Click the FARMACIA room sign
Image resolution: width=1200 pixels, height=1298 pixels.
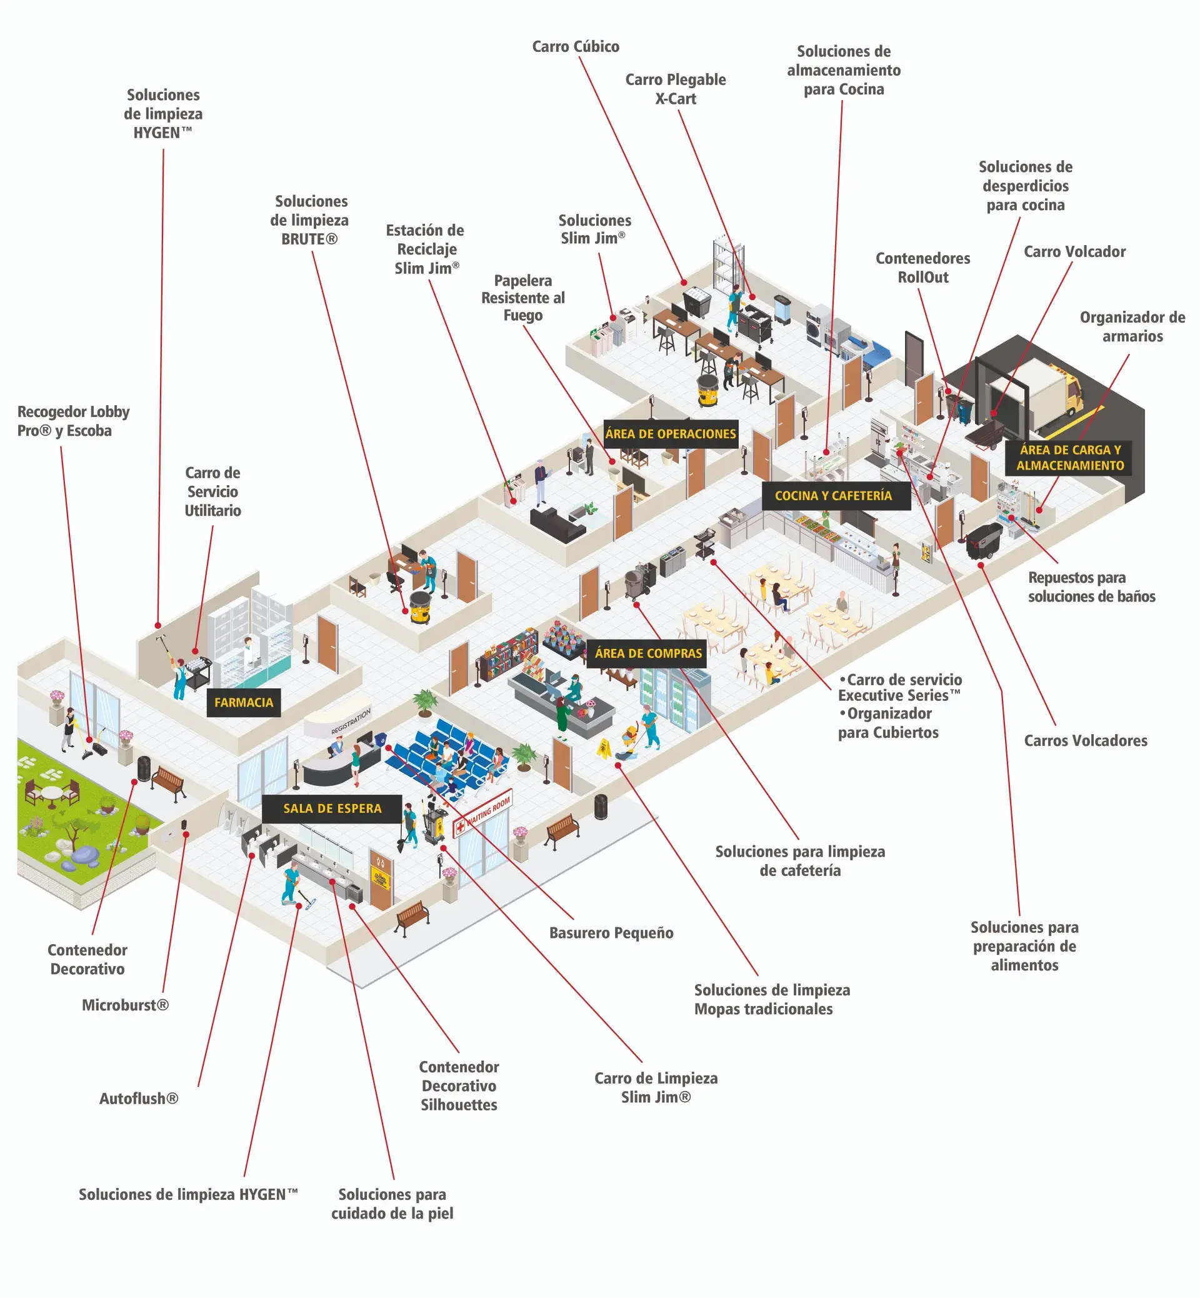[x=244, y=702]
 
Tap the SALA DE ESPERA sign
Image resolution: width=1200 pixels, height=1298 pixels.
[x=332, y=808]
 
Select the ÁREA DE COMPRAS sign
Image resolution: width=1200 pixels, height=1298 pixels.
[x=648, y=653]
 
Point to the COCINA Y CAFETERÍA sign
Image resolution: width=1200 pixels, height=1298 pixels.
[x=833, y=496]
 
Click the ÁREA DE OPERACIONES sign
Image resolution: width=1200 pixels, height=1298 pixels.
[x=670, y=434]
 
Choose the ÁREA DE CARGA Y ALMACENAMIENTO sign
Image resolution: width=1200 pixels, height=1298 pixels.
[x=1070, y=457]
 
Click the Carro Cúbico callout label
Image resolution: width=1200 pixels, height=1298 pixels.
[x=576, y=47]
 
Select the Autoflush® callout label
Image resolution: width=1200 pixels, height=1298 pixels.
[x=138, y=1099]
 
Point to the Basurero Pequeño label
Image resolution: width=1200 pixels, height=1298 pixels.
[x=611, y=933]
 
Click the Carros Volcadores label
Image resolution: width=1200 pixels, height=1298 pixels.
[x=1085, y=741]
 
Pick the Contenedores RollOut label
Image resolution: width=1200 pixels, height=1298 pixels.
[x=922, y=268]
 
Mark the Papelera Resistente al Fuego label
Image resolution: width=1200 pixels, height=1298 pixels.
[x=522, y=298]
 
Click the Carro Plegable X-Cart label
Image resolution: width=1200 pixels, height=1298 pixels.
[x=676, y=89]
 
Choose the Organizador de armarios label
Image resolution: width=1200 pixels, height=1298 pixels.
[x=1132, y=327]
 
